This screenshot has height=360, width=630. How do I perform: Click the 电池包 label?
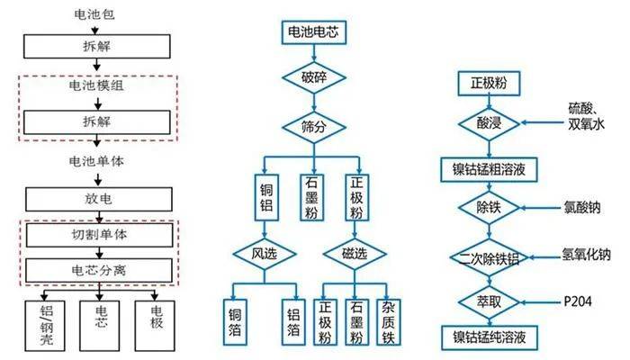tap(94, 15)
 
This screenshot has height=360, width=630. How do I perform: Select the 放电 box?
tap(99, 199)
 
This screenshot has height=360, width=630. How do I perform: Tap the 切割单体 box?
tap(99, 235)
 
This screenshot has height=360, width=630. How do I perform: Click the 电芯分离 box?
tap(99, 270)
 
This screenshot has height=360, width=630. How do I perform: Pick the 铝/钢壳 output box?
tap(45, 326)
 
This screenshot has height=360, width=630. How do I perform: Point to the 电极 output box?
tap(155, 326)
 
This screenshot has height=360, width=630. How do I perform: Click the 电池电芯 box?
tap(313, 32)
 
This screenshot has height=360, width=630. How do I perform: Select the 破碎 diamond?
tap(314, 77)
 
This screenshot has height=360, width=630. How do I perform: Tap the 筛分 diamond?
tap(314, 128)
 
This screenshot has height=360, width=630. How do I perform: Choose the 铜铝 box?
tap(266, 197)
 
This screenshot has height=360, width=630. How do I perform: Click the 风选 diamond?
tap(265, 254)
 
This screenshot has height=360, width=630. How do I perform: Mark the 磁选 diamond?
tap(355, 254)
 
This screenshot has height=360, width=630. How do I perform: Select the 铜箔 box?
tap(235, 322)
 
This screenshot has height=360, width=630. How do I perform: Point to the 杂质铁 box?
tap(389, 322)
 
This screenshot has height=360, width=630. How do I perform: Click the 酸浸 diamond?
tap(489, 123)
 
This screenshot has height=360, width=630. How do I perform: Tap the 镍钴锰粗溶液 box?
tap(489, 169)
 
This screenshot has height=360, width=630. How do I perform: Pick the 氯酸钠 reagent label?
tap(581, 207)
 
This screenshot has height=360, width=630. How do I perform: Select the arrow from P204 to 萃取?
tap(540, 302)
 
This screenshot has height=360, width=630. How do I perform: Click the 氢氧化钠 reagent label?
tap(586, 255)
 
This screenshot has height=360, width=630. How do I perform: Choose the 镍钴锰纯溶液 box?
tap(490, 337)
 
